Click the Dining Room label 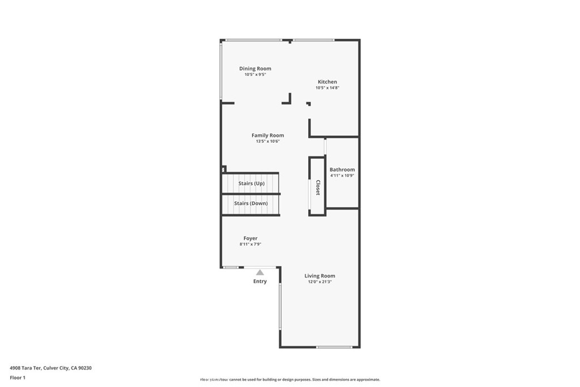click(x=255, y=69)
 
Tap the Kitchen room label click(x=327, y=82)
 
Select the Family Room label click(x=268, y=135)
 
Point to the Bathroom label click(x=342, y=169)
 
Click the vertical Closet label click(x=318, y=188)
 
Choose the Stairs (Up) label click(x=251, y=184)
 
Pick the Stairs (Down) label click(x=251, y=203)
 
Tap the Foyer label click(x=250, y=239)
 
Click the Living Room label click(x=320, y=276)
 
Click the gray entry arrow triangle click(x=260, y=273)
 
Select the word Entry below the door click(x=260, y=282)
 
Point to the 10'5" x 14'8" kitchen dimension click(x=327, y=88)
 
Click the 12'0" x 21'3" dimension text click(x=320, y=282)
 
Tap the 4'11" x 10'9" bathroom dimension click(x=343, y=176)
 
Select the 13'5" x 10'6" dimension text click(x=268, y=141)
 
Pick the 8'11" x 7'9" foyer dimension click(x=250, y=244)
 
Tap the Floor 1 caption click(x=18, y=377)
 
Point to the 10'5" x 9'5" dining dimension click(x=255, y=74)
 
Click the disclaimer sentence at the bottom click(x=289, y=380)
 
